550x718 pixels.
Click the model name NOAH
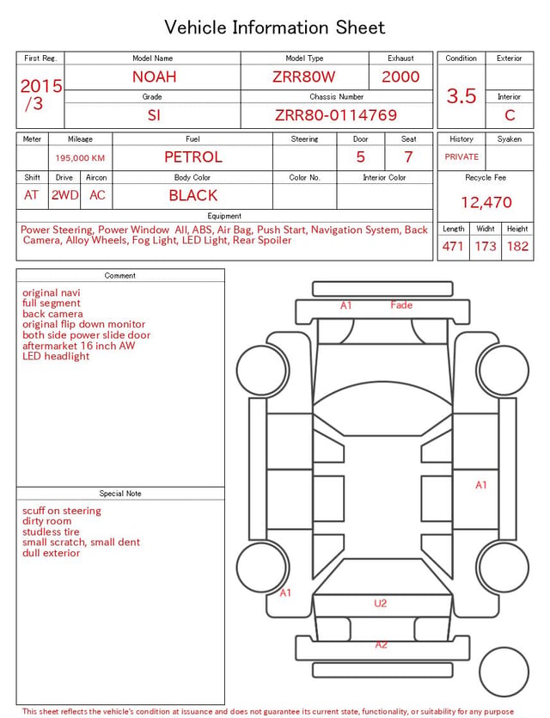[154, 77]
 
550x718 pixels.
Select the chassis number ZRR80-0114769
[336, 115]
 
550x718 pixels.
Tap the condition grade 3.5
[461, 95]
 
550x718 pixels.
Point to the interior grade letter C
[510, 115]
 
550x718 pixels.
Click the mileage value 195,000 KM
[80, 158]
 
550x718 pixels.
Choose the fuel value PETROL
[193, 157]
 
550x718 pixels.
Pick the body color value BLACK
[193, 195]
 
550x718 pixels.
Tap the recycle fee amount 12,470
[486, 202]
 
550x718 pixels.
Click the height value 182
[517, 246]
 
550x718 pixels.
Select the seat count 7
[408, 157]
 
